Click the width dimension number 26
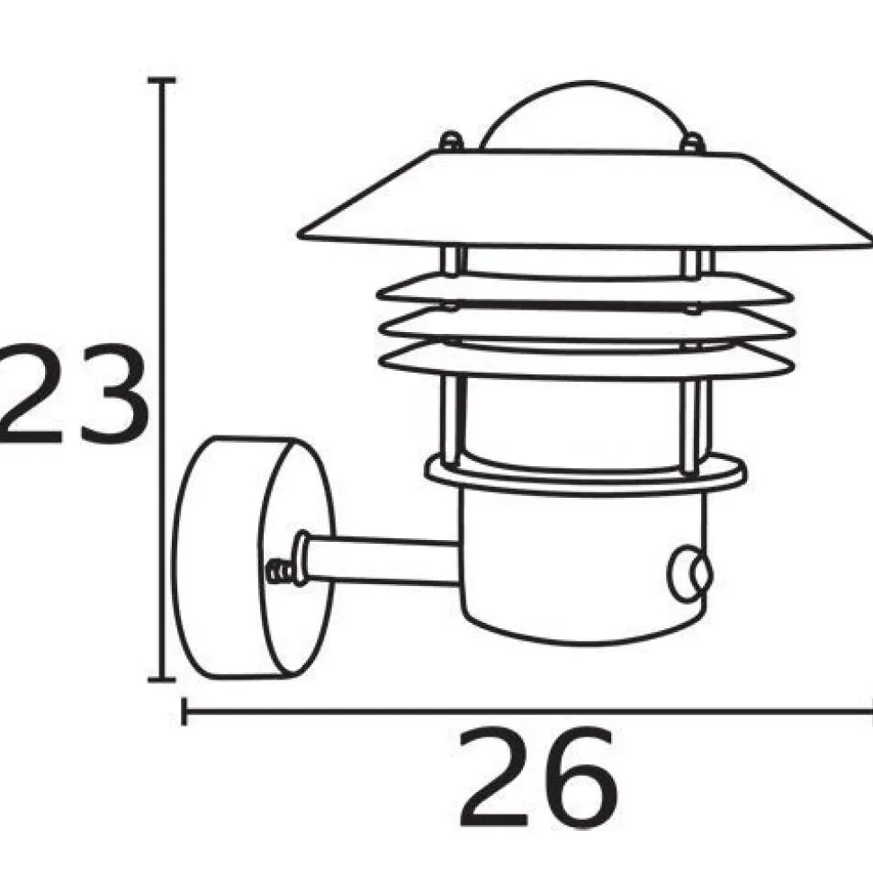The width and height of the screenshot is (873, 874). click(x=537, y=777)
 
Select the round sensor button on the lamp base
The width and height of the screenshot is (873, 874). click(x=690, y=574)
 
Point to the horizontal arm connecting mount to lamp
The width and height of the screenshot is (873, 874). click(x=379, y=561)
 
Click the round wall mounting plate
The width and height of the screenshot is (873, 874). click(x=254, y=558)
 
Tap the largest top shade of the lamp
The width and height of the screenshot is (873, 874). click(x=585, y=198)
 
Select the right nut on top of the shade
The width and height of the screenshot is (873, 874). click(x=692, y=143)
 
